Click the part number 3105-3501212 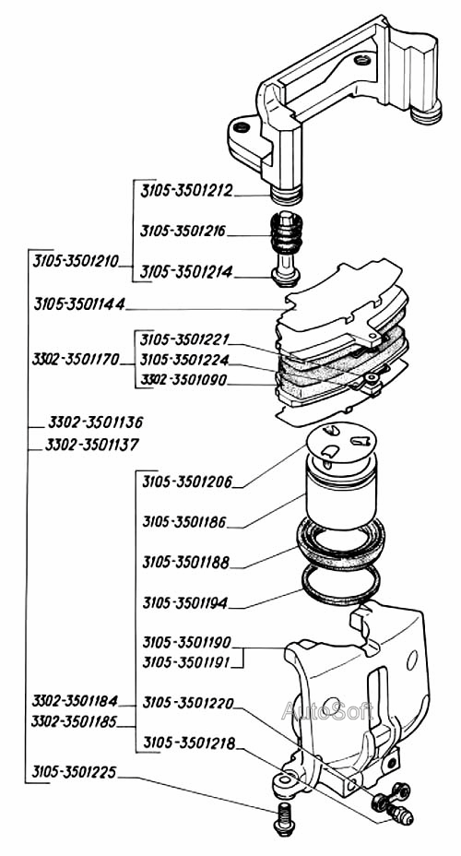pyautogui.click(x=186, y=191)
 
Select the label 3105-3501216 pyautogui.click(x=183, y=231)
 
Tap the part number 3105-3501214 pyautogui.click(x=186, y=272)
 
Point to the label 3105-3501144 pyautogui.click(x=79, y=304)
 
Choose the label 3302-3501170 pyautogui.click(x=76, y=360)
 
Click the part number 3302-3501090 pyautogui.click(x=183, y=380)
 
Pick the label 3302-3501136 pyautogui.click(x=96, y=422)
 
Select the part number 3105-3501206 pyautogui.click(x=187, y=482)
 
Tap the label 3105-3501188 pyautogui.click(x=185, y=563)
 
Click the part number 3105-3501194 pyautogui.click(x=185, y=603)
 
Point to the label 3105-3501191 pyautogui.click(x=186, y=662)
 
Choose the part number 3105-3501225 pyautogui.click(x=74, y=772)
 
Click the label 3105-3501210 pyautogui.click(x=76, y=261)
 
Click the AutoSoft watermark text pyautogui.click(x=327, y=711)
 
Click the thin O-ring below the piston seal pyautogui.click(x=341, y=585)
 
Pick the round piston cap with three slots pyautogui.click(x=340, y=443)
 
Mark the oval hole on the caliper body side pyautogui.click(x=412, y=660)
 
